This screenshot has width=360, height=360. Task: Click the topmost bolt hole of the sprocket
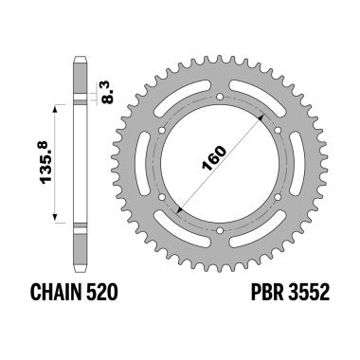(220, 97)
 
